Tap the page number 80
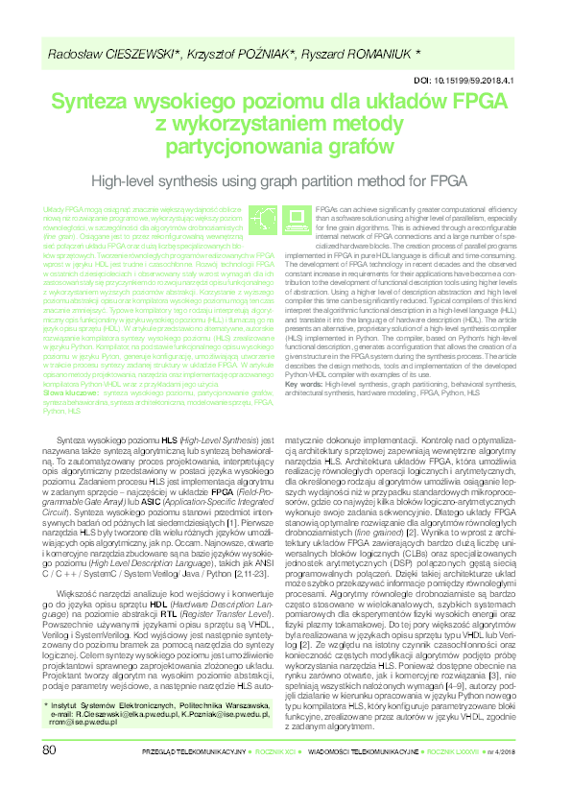tap(50, 774)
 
